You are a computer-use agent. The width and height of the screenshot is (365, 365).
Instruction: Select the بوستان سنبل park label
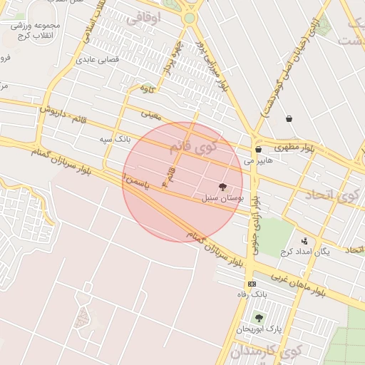223,197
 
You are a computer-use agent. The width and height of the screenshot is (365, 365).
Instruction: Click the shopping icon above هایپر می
258,150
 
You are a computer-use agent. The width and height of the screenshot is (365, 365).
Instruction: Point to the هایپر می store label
258,160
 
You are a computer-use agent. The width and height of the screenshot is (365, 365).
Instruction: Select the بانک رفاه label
252,294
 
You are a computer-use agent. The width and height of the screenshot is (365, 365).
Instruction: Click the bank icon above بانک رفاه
252,284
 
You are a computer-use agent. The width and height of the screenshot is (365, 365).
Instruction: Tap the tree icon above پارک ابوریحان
258,318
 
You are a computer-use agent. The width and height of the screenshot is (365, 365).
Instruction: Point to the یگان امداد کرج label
306,252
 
